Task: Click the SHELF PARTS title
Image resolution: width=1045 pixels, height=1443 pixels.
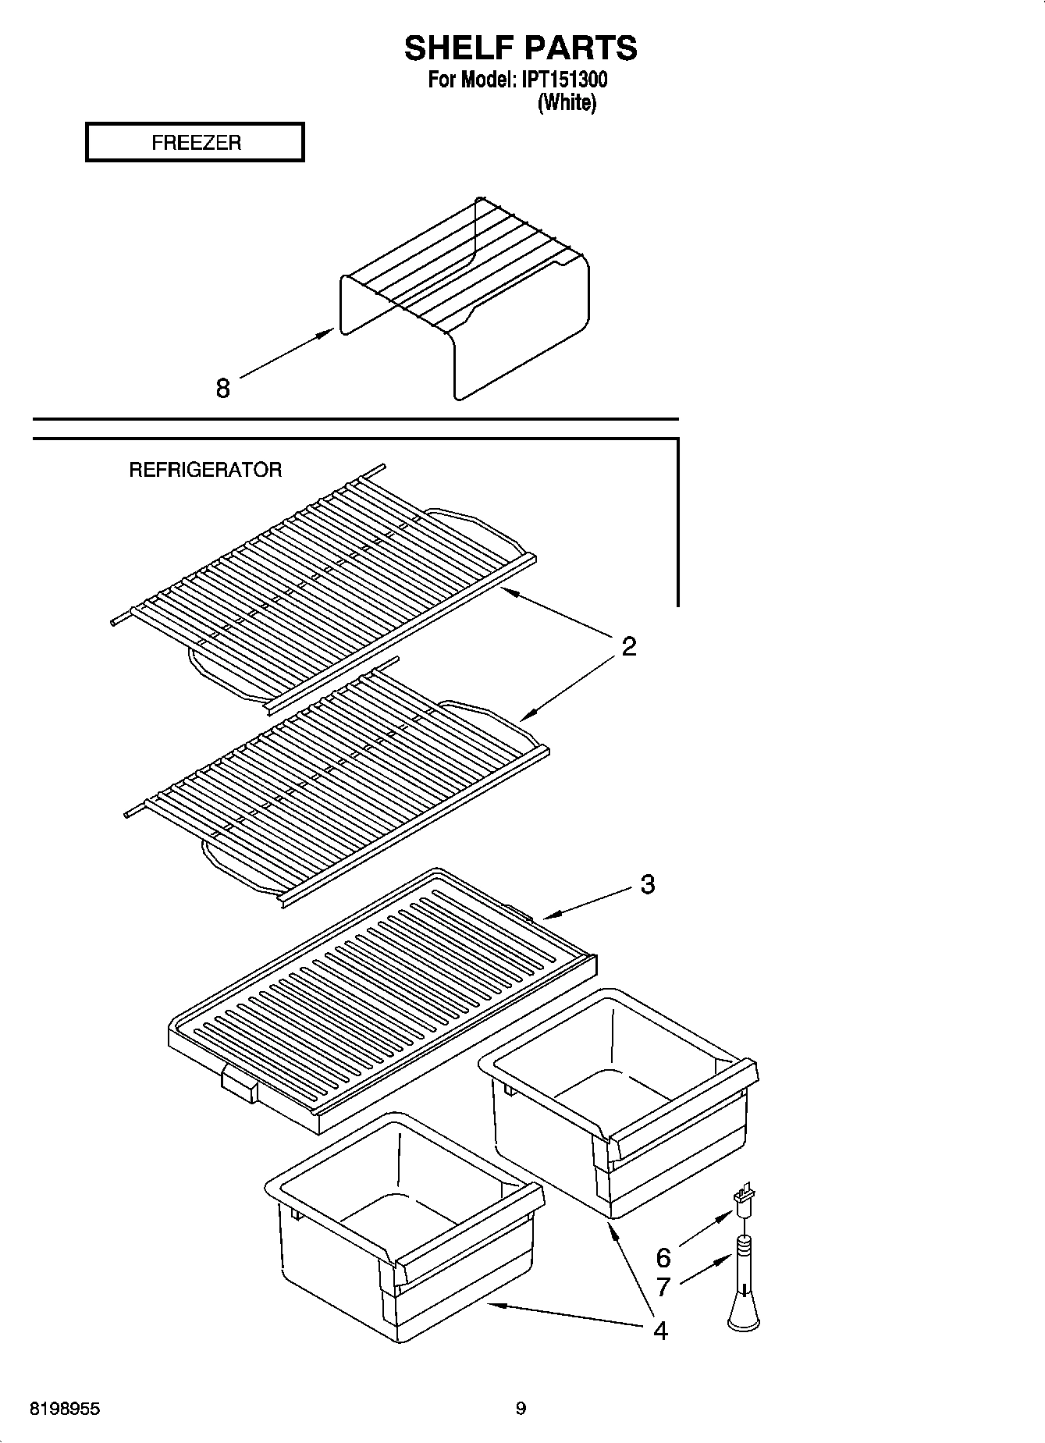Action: [x=521, y=48]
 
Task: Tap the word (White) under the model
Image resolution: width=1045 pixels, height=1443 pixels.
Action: [x=567, y=102]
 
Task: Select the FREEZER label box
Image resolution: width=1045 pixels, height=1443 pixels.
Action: [x=194, y=142]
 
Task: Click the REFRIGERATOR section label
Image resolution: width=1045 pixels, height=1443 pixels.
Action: [x=205, y=470]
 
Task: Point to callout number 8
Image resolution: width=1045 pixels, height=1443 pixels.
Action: [x=223, y=388]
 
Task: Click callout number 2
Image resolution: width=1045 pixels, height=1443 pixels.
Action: [x=628, y=646]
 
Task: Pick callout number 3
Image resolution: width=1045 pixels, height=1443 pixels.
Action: [x=647, y=884]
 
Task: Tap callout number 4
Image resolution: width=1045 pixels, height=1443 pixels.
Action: [x=660, y=1331]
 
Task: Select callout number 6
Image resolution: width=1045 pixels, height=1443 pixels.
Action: [x=663, y=1257]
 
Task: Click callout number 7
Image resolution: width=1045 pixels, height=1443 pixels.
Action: [x=663, y=1287]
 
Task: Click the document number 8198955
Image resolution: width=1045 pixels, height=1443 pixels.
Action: [x=65, y=1409]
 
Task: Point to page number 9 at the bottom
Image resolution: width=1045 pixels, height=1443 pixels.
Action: [x=521, y=1409]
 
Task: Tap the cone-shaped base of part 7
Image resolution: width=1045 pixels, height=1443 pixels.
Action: [x=743, y=1313]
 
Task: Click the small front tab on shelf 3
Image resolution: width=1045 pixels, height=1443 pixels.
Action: [x=240, y=1085]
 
